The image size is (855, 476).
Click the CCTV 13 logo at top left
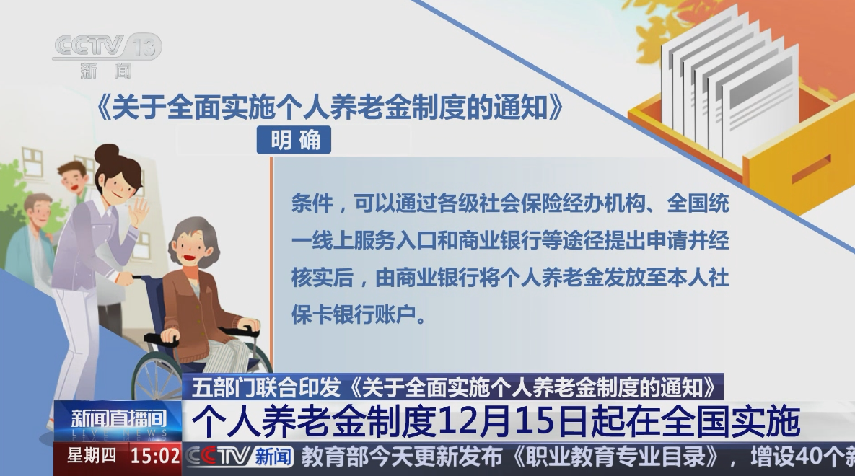[x=107, y=55]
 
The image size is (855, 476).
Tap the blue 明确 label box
[x=294, y=140]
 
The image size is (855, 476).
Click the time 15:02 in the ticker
[x=155, y=456]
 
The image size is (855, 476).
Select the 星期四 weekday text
[x=92, y=455]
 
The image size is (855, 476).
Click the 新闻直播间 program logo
[x=118, y=421]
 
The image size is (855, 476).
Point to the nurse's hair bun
[x=106, y=154]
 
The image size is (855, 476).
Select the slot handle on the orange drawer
[x=811, y=169]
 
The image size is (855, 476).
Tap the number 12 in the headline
[x=457, y=422]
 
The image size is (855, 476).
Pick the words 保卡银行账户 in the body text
[x=354, y=314]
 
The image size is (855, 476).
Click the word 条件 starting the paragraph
[x=312, y=203]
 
